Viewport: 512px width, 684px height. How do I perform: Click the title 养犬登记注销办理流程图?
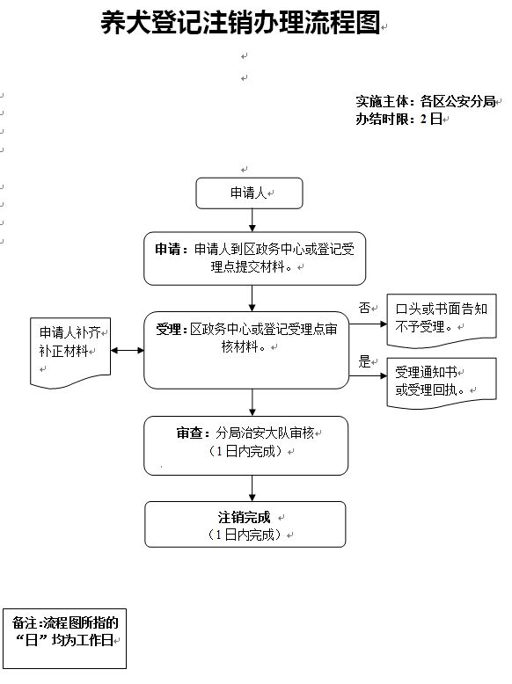pos(240,22)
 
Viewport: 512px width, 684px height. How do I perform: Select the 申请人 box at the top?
pos(249,193)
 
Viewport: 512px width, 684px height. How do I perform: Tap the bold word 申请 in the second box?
pos(168,249)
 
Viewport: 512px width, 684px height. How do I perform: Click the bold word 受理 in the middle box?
pos(169,330)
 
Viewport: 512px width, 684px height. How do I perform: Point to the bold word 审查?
pos(189,433)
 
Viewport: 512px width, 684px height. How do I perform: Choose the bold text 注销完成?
pos(245,517)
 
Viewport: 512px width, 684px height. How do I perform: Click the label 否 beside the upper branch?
pos(365,308)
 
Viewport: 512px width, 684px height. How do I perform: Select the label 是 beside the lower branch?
pos(365,361)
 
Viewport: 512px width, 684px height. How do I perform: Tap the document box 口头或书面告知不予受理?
pos(442,321)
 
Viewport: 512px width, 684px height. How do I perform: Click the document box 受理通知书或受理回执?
pos(442,383)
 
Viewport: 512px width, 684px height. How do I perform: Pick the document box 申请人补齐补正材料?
pos(70,353)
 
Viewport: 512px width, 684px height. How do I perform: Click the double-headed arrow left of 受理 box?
pos(128,350)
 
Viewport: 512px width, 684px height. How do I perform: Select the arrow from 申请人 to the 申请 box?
pos(252,221)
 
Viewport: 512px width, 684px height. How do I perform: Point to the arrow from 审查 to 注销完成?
pos(252,488)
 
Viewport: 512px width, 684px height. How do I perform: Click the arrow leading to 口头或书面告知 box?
pos(368,324)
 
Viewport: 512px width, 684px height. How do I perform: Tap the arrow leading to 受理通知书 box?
pos(368,375)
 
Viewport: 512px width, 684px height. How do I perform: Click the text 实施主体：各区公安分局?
pos(426,102)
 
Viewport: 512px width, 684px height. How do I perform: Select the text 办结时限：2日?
pos(399,119)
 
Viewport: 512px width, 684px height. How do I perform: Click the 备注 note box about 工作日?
pos(64,638)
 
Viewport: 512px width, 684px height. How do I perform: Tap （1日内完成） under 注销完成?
pos(245,535)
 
